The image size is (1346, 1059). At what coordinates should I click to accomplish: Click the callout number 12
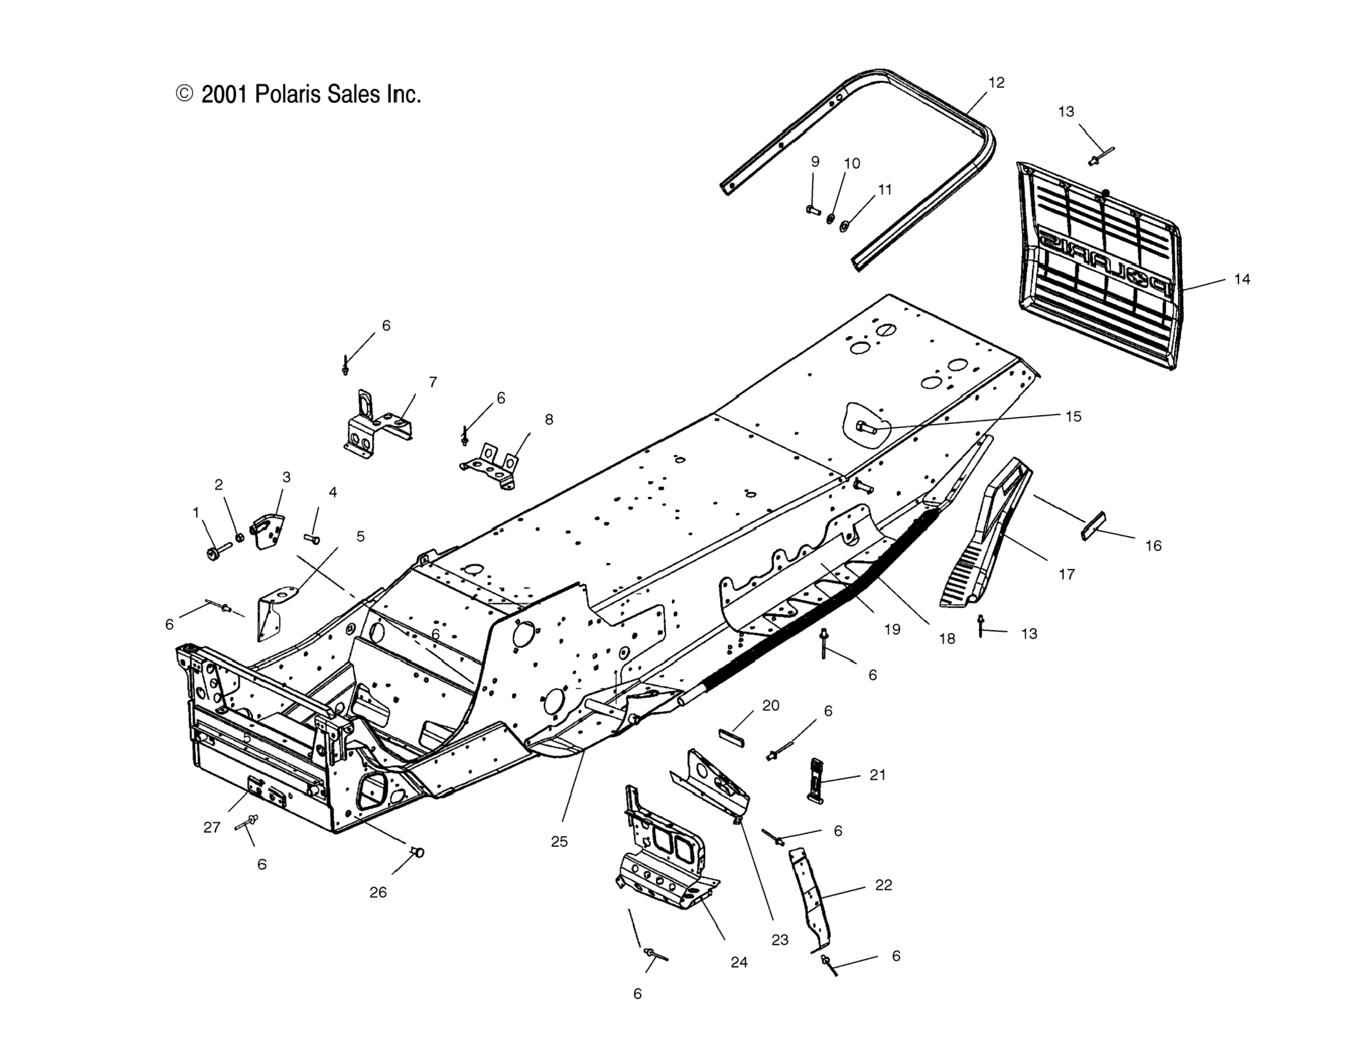(x=996, y=83)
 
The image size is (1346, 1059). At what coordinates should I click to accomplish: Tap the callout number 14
(x=1242, y=279)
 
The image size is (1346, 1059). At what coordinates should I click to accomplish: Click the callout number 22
(x=883, y=885)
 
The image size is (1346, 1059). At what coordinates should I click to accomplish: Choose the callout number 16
(x=1153, y=546)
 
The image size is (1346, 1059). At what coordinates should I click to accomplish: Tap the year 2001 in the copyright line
(x=225, y=94)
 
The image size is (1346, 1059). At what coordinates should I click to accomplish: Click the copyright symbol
(x=184, y=94)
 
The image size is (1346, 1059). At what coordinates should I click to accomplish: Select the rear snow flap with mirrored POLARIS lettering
(x=1097, y=267)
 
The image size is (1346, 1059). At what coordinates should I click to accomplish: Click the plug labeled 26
(x=418, y=852)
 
